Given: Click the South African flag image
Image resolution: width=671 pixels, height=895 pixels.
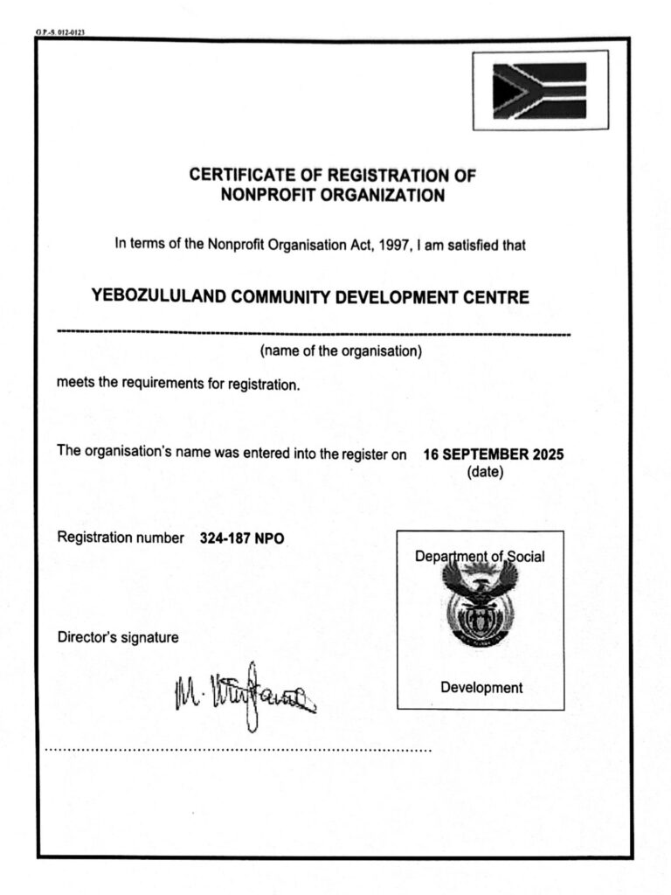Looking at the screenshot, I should coord(539,91).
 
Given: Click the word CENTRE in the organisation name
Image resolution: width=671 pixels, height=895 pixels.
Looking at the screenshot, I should coord(497,297).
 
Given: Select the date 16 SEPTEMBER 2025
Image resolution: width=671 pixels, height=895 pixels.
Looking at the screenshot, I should coord(494,454).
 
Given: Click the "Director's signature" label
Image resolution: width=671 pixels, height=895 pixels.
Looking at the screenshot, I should coord(118,638).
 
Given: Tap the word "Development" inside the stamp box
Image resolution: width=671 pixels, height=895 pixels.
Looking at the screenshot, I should coord(481,688).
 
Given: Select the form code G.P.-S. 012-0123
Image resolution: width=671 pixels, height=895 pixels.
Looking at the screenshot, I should coord(59,33).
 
